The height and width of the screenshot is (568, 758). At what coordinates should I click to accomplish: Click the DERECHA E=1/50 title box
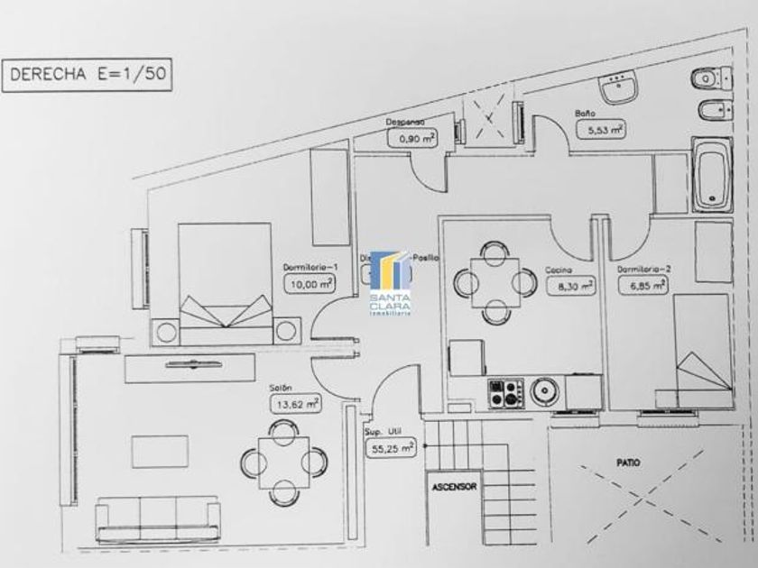(87, 76)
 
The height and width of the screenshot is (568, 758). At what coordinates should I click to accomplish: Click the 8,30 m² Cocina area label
(571, 286)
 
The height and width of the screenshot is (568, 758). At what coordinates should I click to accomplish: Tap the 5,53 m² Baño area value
(605, 130)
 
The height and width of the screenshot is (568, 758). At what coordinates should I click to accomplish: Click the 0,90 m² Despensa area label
(411, 138)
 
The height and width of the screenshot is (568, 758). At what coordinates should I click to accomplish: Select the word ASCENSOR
(454, 486)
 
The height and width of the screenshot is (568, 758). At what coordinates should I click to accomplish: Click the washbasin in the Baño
(620, 87)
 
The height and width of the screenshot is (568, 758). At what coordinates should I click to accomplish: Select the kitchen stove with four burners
(504, 392)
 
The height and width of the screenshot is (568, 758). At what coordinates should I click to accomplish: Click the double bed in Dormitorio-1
(224, 284)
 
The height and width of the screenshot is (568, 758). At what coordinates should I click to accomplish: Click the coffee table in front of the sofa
(160, 451)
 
